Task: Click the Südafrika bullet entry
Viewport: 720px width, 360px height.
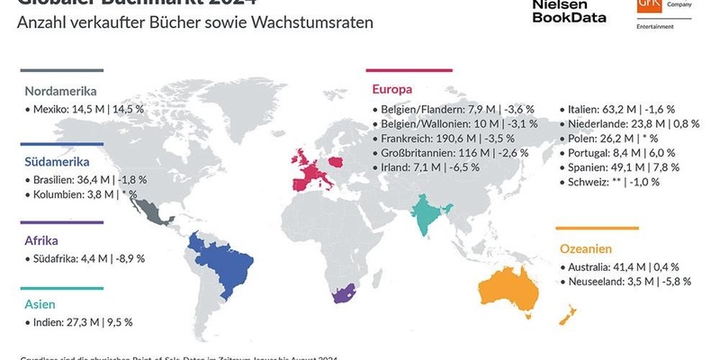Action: click(x=85, y=258)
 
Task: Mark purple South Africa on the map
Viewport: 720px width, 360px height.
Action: click(x=340, y=296)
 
